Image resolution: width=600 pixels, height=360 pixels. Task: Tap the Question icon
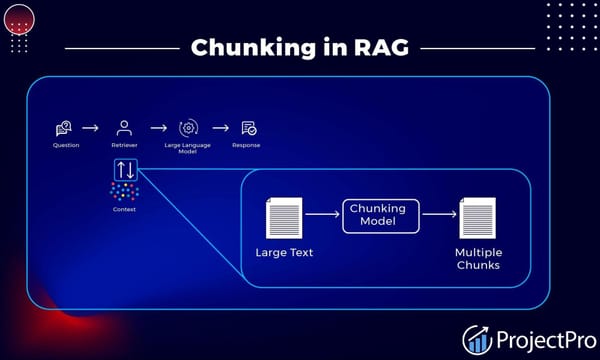[x=65, y=128]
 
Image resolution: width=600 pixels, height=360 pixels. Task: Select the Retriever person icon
[x=124, y=128]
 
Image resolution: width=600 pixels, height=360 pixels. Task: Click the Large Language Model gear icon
[x=187, y=128]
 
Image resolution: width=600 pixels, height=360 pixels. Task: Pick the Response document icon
[x=248, y=128]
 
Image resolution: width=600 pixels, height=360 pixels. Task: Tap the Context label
[x=125, y=209]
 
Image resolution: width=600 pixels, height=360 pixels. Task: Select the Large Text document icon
[x=284, y=217]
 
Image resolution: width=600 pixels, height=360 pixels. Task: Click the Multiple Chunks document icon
[x=477, y=217]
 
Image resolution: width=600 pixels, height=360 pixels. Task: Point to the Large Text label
[x=284, y=252]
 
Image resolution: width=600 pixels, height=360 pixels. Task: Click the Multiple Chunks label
[x=478, y=258]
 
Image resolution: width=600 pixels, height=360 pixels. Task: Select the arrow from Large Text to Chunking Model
[x=322, y=213]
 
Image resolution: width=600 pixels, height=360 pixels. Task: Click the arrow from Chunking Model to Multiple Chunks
[x=437, y=213]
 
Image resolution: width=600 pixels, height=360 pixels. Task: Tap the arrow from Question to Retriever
[x=91, y=128]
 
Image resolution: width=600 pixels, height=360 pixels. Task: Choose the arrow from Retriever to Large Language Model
[x=157, y=128]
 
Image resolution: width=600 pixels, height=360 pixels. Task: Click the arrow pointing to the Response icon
[x=220, y=128]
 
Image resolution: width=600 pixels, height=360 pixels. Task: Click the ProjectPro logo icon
[x=478, y=339]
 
